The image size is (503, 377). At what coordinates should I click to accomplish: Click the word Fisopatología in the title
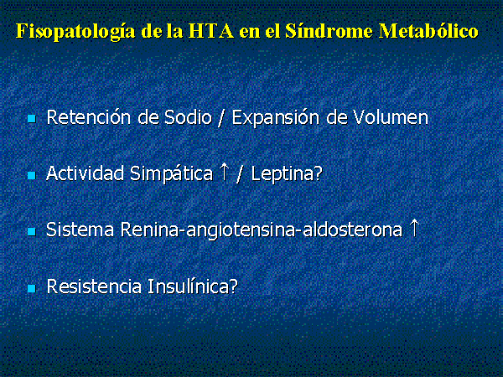(75, 32)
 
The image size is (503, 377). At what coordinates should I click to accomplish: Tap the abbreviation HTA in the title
(210, 31)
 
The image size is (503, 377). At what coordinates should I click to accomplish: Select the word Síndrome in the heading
(329, 31)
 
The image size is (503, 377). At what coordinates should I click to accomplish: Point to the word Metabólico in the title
(428, 31)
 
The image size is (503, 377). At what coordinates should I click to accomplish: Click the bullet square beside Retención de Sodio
(32, 119)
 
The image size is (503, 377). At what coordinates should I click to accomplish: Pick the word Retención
(89, 117)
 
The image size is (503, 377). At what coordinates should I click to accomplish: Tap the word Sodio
(188, 117)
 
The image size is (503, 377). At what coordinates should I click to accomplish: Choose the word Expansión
(276, 118)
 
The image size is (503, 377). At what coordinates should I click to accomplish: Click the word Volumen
(391, 117)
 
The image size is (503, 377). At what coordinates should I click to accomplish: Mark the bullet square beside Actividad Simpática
(32, 175)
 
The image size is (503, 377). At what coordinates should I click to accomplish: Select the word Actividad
(85, 173)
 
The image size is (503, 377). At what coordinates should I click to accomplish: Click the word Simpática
(171, 174)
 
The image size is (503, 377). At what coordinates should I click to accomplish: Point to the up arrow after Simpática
(225, 172)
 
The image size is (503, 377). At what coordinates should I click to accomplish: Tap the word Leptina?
(287, 174)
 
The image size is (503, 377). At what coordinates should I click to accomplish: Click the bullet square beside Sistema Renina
(32, 232)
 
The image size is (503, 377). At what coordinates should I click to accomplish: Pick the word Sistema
(80, 230)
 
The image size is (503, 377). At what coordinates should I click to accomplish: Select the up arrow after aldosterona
(415, 228)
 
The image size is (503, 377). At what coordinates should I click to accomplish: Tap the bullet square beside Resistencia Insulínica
(32, 288)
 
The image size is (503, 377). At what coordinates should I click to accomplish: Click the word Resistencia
(94, 287)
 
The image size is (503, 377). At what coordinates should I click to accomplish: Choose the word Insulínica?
(193, 287)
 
